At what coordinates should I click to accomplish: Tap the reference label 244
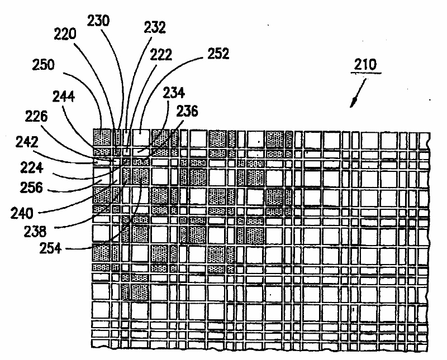[x=65, y=96]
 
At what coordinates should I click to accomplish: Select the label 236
[x=187, y=112]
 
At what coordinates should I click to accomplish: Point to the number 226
[x=38, y=117]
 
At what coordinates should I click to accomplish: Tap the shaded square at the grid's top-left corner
[x=102, y=137]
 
